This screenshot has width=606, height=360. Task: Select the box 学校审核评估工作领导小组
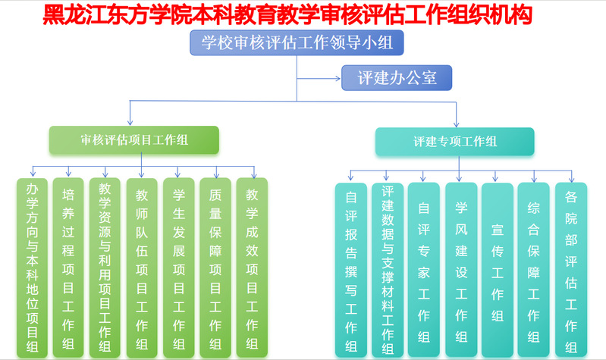click(x=297, y=43)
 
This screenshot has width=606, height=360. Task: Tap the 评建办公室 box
click(x=397, y=77)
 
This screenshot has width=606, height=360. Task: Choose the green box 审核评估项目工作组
click(x=134, y=140)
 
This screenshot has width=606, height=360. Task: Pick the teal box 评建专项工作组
click(x=455, y=141)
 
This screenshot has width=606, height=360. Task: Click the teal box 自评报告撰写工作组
click(x=351, y=270)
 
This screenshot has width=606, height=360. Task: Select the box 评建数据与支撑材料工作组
click(x=388, y=270)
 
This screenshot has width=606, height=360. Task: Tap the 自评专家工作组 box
click(x=424, y=270)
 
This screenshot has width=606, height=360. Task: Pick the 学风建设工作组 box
click(x=461, y=270)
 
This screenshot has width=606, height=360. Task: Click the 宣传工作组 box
click(x=498, y=270)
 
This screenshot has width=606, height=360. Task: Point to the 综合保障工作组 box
click(x=534, y=270)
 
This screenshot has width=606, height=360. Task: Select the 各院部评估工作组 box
click(x=571, y=270)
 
